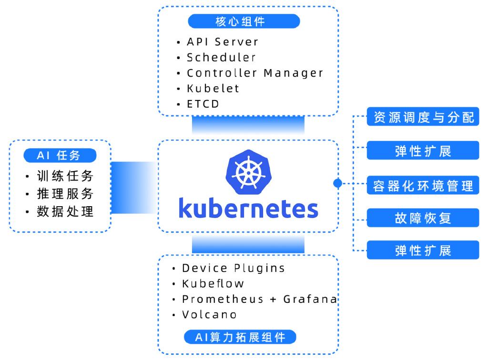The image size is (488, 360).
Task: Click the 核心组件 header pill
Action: (x=244, y=21)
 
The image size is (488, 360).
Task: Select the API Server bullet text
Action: (x=223, y=41)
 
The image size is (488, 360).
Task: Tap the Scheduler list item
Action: (x=221, y=57)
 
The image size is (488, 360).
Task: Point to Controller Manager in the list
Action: (x=255, y=73)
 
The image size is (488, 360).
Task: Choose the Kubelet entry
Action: (x=213, y=88)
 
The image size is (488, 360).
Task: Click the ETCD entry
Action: (x=203, y=104)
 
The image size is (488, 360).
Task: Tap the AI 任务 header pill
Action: (x=60, y=155)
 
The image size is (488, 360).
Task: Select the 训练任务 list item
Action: (x=65, y=176)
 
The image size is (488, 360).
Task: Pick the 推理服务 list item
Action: (x=65, y=194)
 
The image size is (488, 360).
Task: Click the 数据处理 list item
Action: (x=65, y=211)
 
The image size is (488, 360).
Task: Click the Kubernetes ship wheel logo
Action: (x=248, y=172)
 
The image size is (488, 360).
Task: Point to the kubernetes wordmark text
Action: (x=248, y=208)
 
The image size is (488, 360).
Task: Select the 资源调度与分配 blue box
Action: (x=423, y=117)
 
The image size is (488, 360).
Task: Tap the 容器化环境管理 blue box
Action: (x=423, y=185)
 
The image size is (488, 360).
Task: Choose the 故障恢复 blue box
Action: (x=423, y=218)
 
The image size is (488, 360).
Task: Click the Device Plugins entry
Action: (x=234, y=268)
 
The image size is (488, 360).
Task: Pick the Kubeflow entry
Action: (x=213, y=283)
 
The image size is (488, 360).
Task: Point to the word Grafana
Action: (x=310, y=299)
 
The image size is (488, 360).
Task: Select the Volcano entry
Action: (x=209, y=315)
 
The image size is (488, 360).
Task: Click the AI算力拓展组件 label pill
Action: (x=240, y=337)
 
